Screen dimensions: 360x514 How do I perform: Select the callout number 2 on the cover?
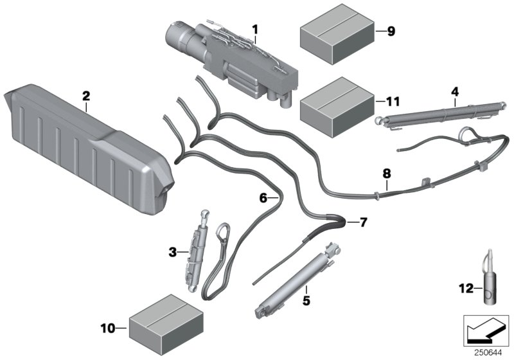(x=85, y=96)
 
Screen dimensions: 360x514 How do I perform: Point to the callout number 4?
(x=454, y=92)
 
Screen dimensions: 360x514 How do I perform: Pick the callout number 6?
(x=263, y=199)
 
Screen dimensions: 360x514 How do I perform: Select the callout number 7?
(x=363, y=222)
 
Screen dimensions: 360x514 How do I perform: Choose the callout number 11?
(x=391, y=101)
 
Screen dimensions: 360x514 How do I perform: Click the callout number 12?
(x=465, y=287)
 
